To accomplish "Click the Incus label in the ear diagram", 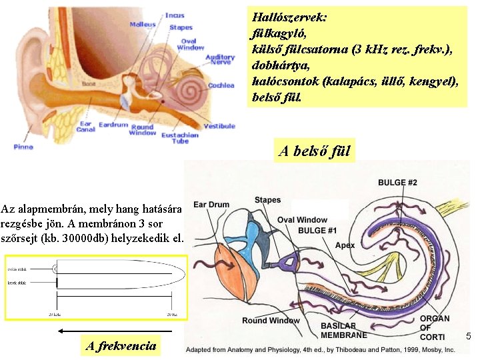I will click(175, 15).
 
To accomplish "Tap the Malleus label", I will click(142, 25).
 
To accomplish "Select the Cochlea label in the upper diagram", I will click(221, 85).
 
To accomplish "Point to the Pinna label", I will click(23, 147).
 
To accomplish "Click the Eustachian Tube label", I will click(180, 138).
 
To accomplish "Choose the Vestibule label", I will click(219, 125).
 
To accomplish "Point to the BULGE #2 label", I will click(397, 183).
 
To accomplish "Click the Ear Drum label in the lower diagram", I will click(211, 205).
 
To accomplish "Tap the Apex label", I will click(345, 245).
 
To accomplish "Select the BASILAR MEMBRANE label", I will click(343, 331).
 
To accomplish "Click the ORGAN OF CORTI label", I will click(435, 327).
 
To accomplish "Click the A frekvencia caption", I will click(121, 345).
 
